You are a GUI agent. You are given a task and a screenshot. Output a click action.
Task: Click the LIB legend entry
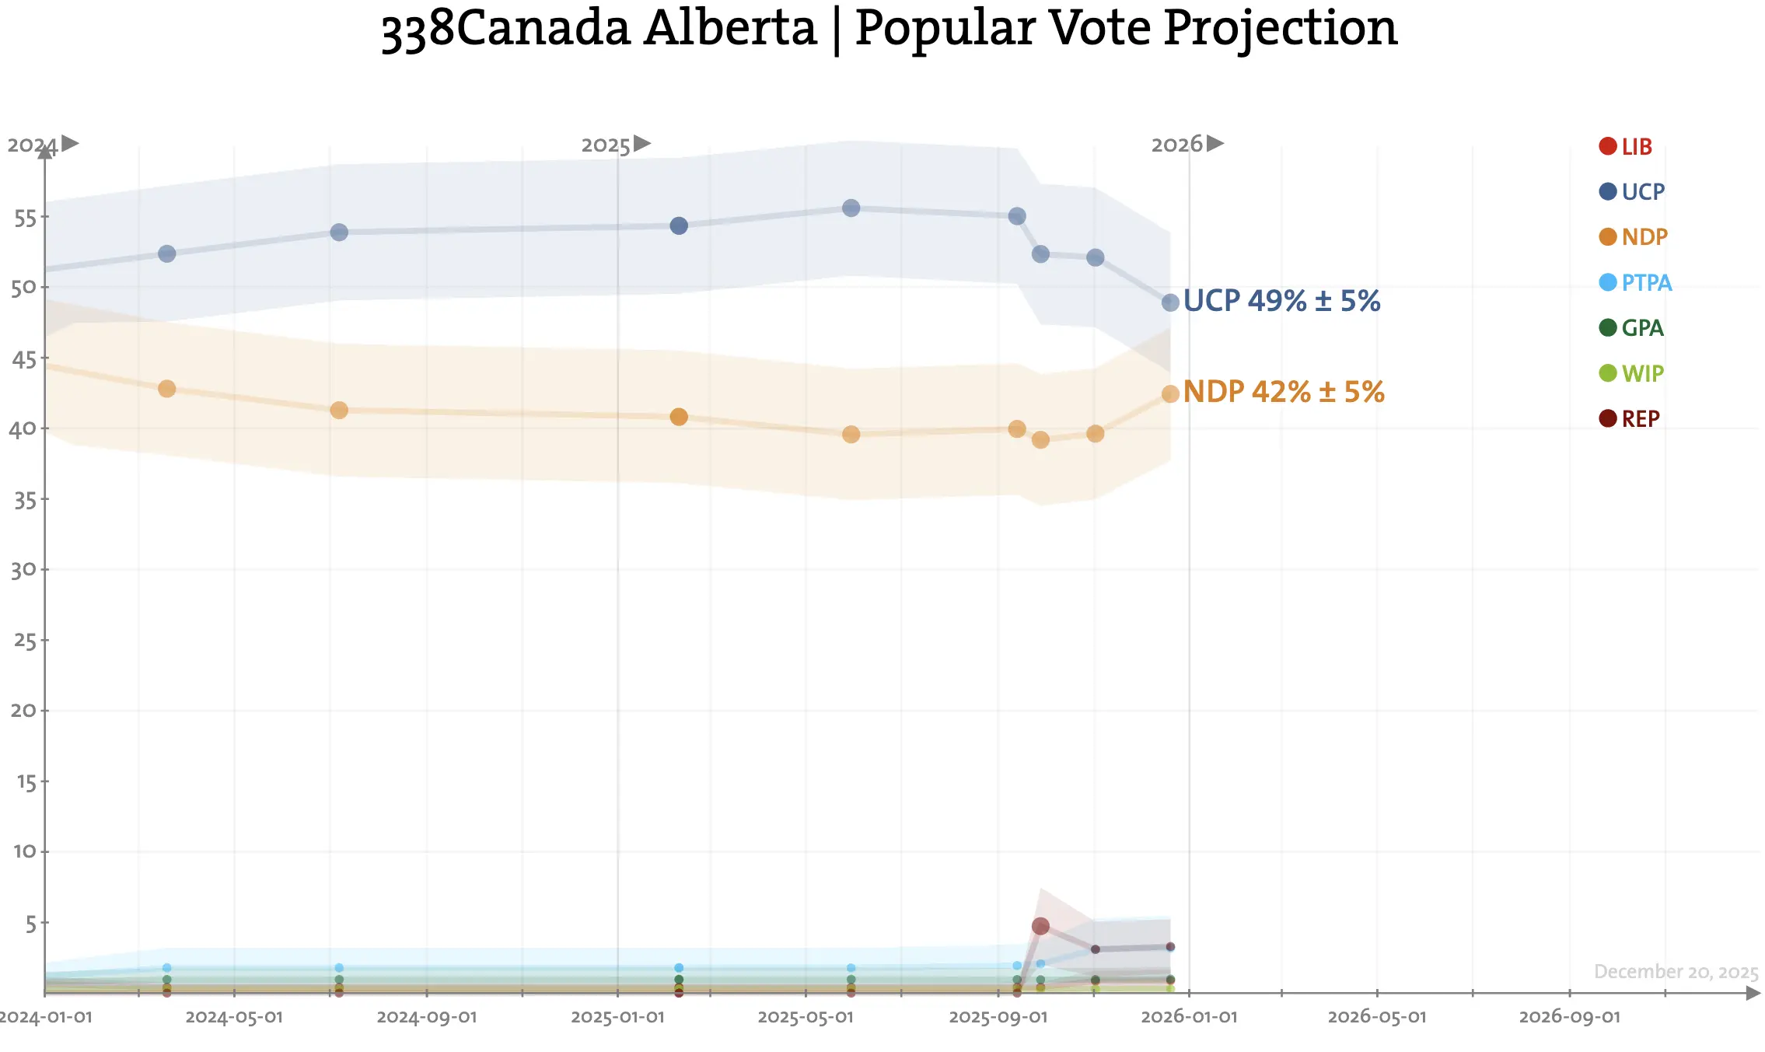(1626, 146)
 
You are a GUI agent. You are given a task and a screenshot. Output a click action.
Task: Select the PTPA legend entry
(1635, 282)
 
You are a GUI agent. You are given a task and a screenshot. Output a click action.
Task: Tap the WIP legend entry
(1631, 373)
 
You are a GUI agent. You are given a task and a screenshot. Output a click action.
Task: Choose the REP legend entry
(1630, 418)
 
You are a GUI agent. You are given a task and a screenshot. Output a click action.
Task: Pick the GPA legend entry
(1631, 327)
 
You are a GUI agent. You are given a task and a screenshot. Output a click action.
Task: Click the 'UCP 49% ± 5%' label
(1281, 301)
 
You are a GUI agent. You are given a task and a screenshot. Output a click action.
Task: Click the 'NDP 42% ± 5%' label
(1283, 392)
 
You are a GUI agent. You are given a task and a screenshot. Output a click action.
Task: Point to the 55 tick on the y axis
(25, 218)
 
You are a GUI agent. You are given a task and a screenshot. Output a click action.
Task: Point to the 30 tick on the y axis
(23, 570)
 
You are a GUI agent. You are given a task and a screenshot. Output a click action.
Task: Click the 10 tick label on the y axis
(24, 851)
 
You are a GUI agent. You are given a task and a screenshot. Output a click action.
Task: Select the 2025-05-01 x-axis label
(806, 1017)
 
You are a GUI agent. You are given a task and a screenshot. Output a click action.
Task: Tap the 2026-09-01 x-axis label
(1569, 1017)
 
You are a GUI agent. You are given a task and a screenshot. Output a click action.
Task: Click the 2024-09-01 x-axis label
(426, 1017)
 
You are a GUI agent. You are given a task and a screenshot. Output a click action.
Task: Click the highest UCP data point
(851, 208)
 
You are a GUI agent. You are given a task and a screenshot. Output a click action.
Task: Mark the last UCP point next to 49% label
(1170, 302)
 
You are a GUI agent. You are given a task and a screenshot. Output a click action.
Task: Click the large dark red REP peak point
(1040, 926)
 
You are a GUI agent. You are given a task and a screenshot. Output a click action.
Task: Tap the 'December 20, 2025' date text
(1676, 972)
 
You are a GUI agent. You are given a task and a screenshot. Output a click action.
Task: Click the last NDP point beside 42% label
(1170, 394)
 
